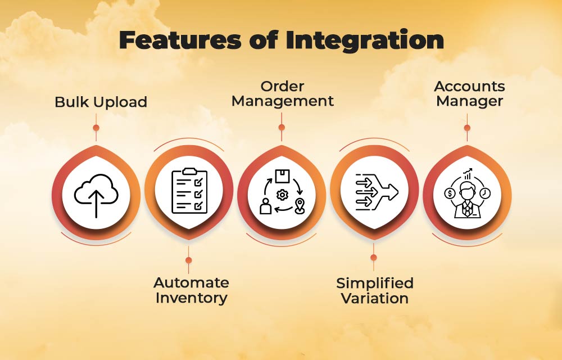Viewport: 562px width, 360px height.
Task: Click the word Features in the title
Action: point(180,39)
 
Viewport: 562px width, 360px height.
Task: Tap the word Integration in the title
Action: point(365,40)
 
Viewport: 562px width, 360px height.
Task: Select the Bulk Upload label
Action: point(101,102)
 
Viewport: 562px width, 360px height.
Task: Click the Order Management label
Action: point(283,93)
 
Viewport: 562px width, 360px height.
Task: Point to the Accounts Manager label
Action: point(469,93)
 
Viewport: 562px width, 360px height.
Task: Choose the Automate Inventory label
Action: point(191,290)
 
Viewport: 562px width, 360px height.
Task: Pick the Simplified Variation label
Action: point(374,291)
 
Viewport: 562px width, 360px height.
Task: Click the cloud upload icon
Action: point(96,195)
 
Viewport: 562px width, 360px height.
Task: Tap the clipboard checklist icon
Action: point(189,191)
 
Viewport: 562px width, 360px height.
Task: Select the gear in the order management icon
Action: point(283,195)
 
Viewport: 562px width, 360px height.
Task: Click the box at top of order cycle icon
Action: point(282,175)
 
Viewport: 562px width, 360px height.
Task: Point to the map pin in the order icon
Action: point(300,206)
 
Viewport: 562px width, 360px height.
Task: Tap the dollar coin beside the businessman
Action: point(450,193)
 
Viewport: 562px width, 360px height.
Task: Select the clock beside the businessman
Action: point(485,193)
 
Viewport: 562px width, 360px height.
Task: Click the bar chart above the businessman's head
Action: point(468,174)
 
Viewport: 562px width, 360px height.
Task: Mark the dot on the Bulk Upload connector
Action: point(96,128)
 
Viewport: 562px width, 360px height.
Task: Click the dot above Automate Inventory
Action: point(188,260)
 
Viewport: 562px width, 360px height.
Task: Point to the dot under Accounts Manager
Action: point(467,128)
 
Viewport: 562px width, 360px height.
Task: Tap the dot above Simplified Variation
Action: point(374,258)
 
